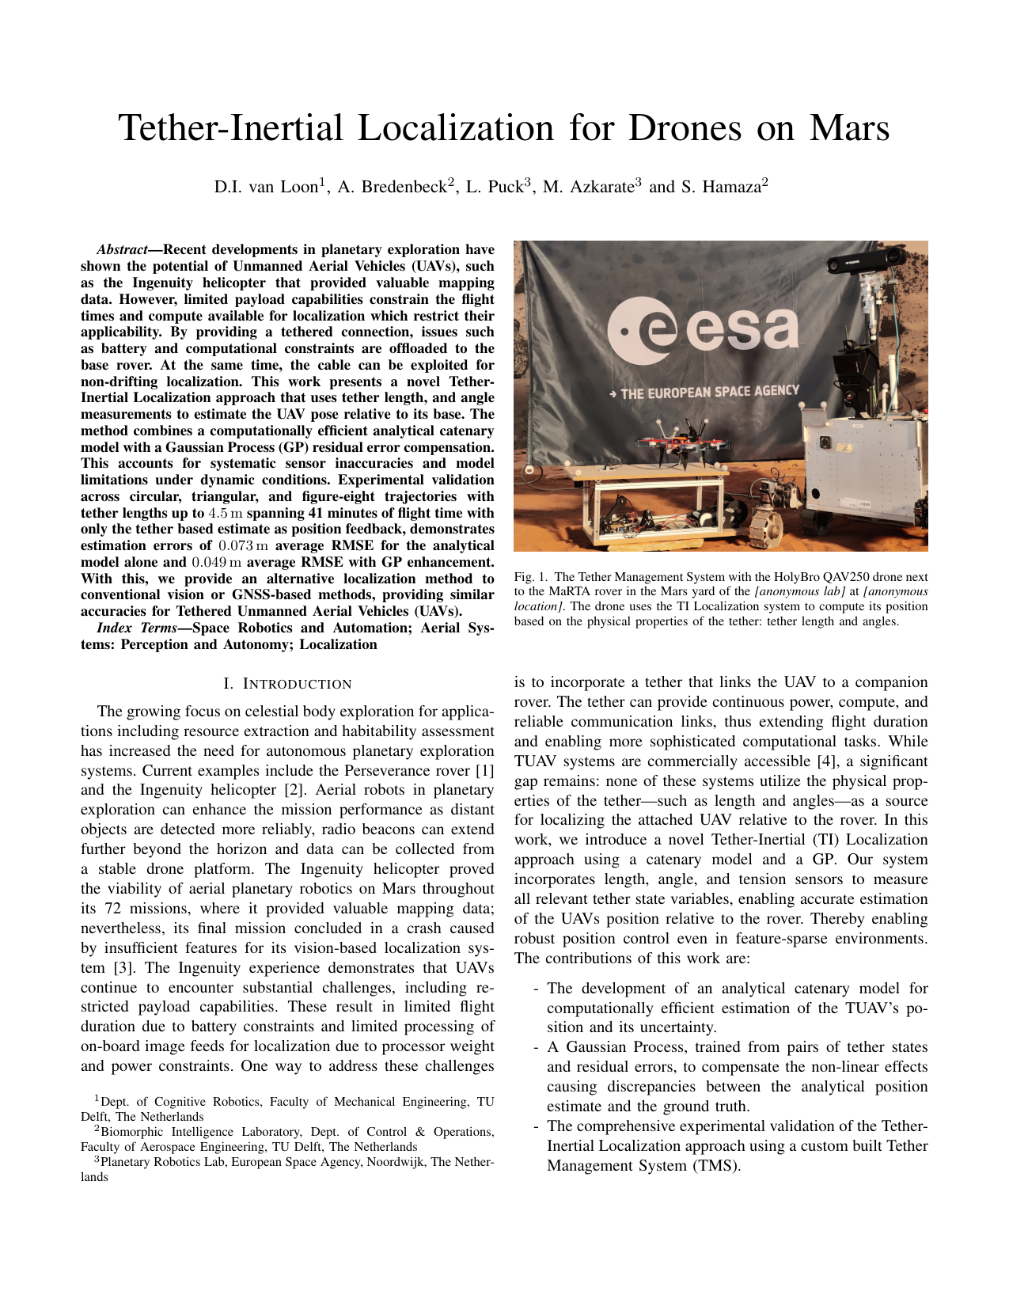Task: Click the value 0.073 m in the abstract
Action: (x=242, y=546)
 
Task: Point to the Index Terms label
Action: (x=130, y=628)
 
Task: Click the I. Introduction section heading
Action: (x=287, y=685)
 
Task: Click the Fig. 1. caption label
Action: (x=529, y=578)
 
